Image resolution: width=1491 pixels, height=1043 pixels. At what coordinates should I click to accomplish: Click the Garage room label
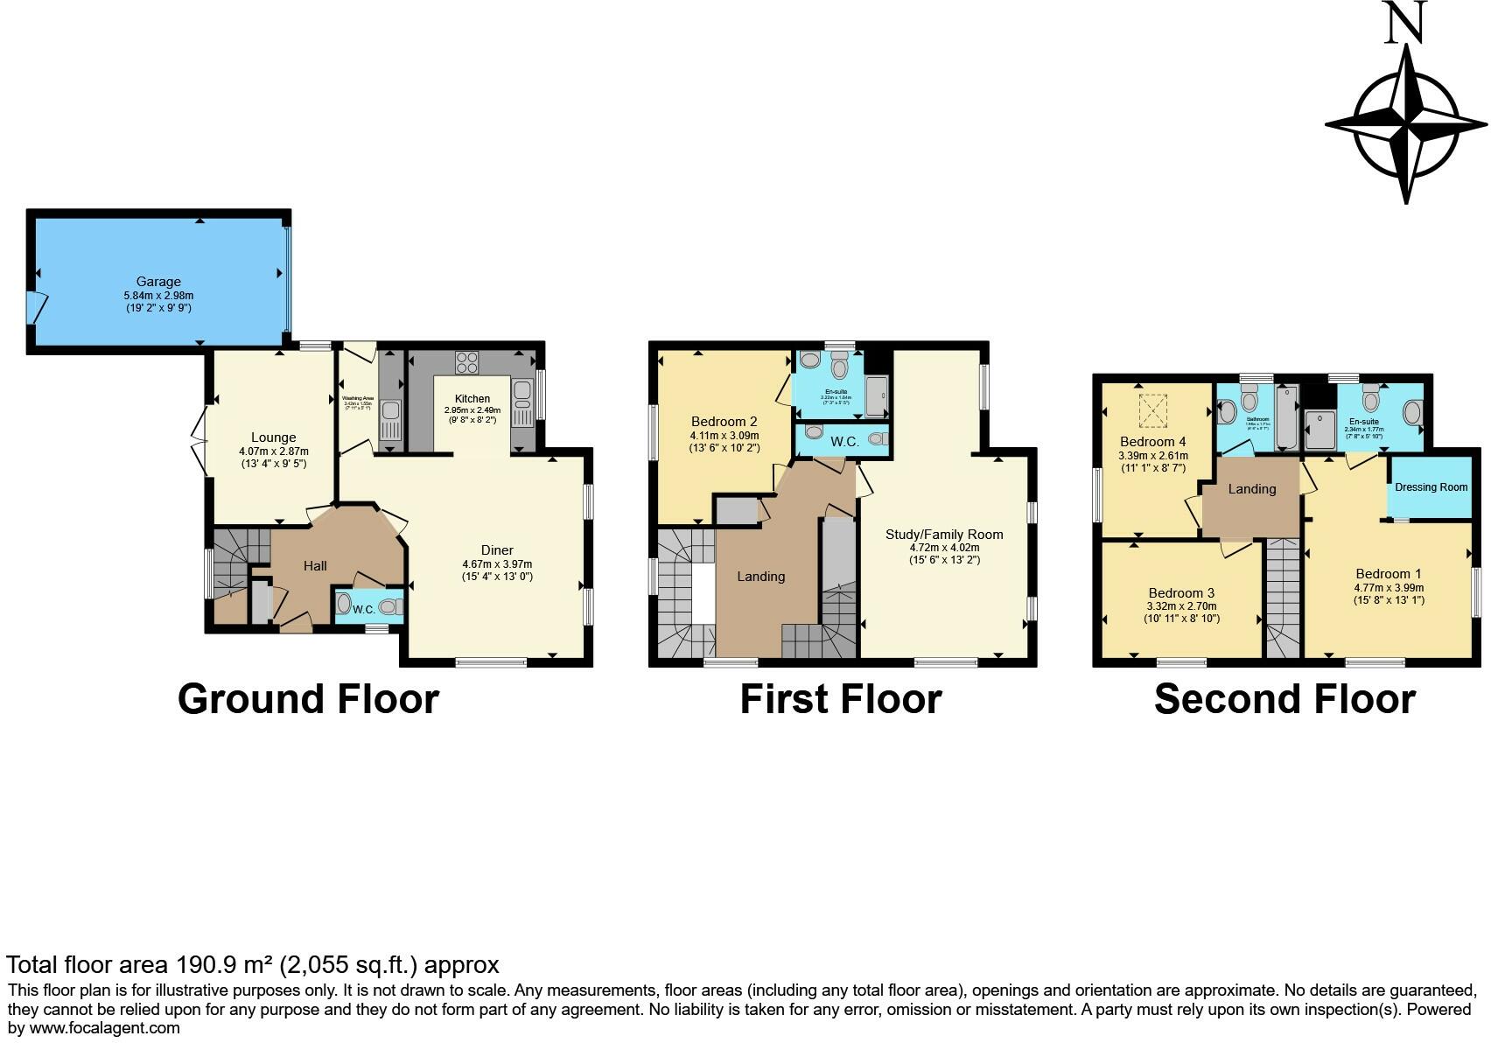click(x=158, y=282)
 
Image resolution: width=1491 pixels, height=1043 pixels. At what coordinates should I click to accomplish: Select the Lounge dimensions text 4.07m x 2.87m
click(x=274, y=451)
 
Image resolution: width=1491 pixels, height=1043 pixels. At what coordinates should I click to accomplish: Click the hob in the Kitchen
click(x=466, y=362)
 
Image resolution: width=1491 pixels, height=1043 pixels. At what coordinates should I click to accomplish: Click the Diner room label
click(x=497, y=549)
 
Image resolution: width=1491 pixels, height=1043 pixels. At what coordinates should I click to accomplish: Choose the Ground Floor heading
click(x=308, y=699)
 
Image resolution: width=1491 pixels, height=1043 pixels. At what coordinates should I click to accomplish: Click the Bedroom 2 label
click(x=724, y=421)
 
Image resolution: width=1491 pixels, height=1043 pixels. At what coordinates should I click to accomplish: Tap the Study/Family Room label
click(x=944, y=534)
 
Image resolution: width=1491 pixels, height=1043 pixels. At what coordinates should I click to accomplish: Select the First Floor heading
click(x=840, y=699)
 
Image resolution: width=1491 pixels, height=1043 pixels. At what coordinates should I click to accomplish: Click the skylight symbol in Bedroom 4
click(x=1152, y=409)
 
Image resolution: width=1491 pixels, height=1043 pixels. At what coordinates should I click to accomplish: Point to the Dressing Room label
click(x=1431, y=487)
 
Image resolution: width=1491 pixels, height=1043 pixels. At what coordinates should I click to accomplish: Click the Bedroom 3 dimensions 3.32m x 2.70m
click(x=1181, y=605)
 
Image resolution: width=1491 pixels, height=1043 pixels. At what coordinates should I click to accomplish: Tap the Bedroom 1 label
click(x=1388, y=574)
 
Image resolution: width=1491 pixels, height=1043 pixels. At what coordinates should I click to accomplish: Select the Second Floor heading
click(x=1284, y=699)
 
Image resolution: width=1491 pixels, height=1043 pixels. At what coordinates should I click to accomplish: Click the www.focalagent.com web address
click(x=105, y=1028)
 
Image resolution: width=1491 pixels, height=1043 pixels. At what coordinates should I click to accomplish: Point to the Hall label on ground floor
click(x=315, y=566)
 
